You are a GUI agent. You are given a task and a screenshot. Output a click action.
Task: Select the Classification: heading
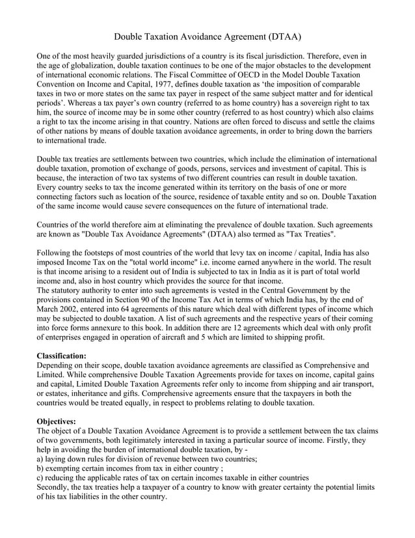62,356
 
